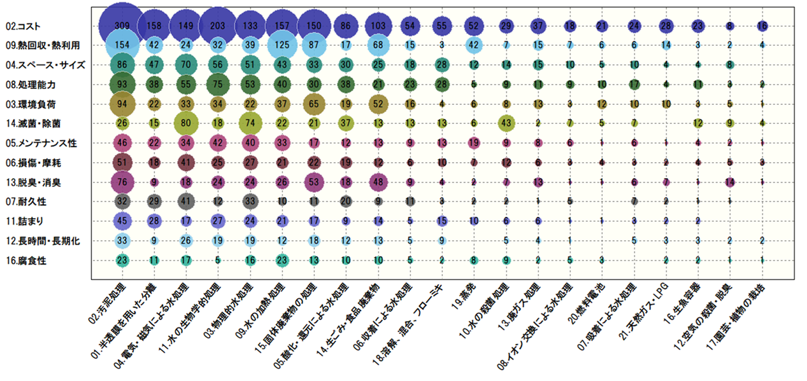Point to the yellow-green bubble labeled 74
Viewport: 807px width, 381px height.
pyautogui.click(x=249, y=123)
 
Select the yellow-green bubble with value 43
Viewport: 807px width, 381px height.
pyautogui.click(x=506, y=123)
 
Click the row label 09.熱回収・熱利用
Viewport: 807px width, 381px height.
pyautogui.click(x=42, y=46)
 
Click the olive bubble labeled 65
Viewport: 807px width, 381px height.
pyautogui.click(x=313, y=104)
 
